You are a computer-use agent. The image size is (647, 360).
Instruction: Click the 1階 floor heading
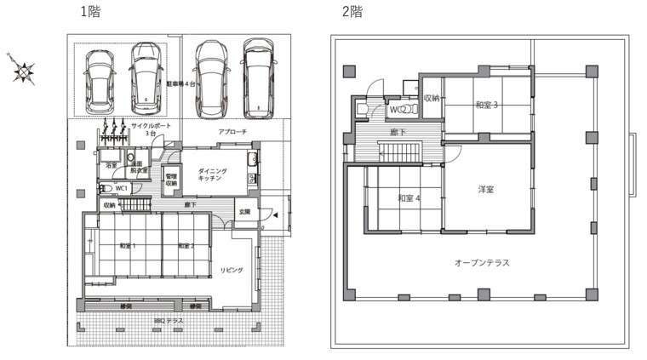(88, 12)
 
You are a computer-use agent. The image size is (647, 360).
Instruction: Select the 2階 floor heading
(352, 12)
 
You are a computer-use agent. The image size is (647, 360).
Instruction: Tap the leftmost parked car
(100, 80)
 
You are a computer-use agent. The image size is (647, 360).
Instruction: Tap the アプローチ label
(232, 133)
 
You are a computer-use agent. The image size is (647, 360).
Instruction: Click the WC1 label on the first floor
(121, 188)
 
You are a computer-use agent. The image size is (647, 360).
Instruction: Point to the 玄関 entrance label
(244, 212)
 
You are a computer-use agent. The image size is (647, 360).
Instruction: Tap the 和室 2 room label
(186, 246)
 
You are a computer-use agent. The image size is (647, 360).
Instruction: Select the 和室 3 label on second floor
(487, 106)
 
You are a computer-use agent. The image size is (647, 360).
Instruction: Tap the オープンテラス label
(482, 263)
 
